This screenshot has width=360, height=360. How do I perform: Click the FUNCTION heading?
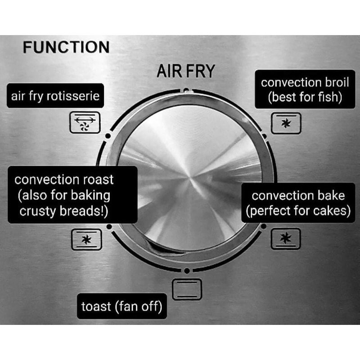click(66, 48)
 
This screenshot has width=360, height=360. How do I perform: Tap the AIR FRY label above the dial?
click(186, 72)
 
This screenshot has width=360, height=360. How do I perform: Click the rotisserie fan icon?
click(85, 123)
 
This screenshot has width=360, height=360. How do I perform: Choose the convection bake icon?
click(285, 239)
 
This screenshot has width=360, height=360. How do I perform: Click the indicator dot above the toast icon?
click(186, 271)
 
